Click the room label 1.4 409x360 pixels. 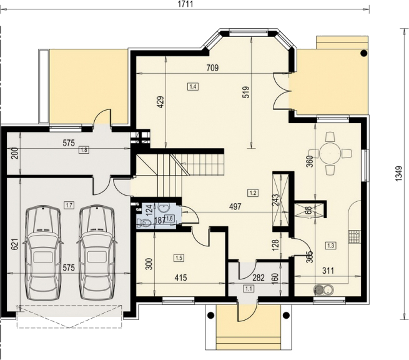(193, 86)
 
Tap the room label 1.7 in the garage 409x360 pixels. (69, 205)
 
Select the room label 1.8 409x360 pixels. (84, 150)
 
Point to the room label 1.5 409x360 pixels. (179, 258)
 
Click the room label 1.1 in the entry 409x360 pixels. (248, 289)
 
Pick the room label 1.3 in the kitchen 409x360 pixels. (330, 246)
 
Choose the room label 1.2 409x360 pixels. (253, 193)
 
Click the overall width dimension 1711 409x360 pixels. (185, 4)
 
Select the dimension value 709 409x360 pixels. (212, 68)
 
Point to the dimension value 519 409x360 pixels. (246, 92)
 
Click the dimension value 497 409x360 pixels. (235, 207)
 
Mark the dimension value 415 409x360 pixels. (180, 277)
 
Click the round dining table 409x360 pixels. (330, 152)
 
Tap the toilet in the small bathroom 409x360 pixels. (144, 222)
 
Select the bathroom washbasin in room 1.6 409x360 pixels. (164, 208)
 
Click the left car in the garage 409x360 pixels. (43, 252)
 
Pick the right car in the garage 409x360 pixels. (97, 252)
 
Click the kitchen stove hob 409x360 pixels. (354, 237)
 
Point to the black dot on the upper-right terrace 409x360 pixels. (363, 54)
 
